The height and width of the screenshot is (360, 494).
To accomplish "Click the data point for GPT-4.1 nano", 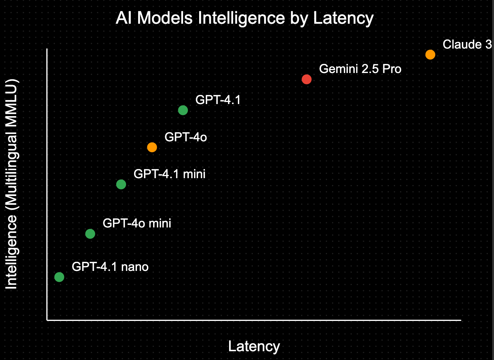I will pyautogui.click(x=59, y=277).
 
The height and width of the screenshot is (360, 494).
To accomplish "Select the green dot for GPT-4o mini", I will pyautogui.click(x=90, y=234).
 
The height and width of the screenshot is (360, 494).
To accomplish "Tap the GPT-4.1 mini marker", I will pyautogui.click(x=121, y=184).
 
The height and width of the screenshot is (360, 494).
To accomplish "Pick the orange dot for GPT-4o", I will pyautogui.click(x=152, y=147).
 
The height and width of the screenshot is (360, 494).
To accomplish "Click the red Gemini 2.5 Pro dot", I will pyautogui.click(x=307, y=79).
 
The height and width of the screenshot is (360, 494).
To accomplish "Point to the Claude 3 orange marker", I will pyautogui.click(x=430, y=55).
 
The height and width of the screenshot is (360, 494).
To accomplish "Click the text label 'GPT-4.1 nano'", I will pyautogui.click(x=110, y=267).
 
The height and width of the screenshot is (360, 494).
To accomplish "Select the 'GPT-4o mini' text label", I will pyautogui.click(x=137, y=223).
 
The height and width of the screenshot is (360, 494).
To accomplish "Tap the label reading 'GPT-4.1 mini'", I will pyautogui.click(x=170, y=174).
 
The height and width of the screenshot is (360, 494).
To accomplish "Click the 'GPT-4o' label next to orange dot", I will pyautogui.click(x=186, y=137).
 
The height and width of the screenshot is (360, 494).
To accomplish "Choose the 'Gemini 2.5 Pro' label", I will pyautogui.click(x=360, y=69).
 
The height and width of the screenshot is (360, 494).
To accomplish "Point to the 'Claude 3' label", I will pyautogui.click(x=467, y=45).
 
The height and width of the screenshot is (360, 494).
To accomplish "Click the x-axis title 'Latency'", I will pyautogui.click(x=254, y=346).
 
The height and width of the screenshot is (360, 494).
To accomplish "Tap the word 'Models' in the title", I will pyautogui.click(x=165, y=18).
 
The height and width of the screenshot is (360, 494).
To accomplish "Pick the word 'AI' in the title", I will pyautogui.click(x=123, y=18).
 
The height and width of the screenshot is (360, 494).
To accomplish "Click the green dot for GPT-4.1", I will pyautogui.click(x=183, y=110).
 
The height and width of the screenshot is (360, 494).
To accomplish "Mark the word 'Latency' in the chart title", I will pyautogui.click(x=343, y=18).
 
